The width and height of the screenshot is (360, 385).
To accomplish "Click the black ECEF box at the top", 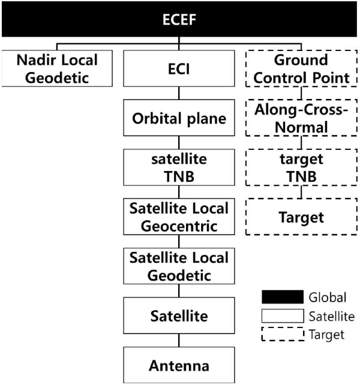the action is (x=179, y=19).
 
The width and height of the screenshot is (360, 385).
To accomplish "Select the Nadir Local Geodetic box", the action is (x=57, y=68).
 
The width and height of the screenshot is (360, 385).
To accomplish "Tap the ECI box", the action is (x=179, y=68).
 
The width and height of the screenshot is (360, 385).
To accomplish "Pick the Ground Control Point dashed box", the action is (x=301, y=68).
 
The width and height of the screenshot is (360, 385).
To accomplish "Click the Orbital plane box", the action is (x=179, y=118).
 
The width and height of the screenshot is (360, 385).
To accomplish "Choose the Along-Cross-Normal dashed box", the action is (x=301, y=118).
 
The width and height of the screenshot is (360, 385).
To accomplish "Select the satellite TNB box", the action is (x=179, y=167).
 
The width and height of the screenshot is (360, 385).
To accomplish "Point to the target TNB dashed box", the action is (x=301, y=167).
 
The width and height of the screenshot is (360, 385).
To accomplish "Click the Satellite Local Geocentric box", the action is (x=179, y=217).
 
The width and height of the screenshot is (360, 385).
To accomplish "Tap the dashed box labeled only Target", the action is (x=301, y=217).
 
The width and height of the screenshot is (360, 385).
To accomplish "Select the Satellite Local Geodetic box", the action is (x=179, y=266).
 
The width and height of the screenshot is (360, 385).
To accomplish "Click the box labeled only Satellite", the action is (x=179, y=315).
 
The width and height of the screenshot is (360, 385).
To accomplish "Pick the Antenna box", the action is (x=179, y=365).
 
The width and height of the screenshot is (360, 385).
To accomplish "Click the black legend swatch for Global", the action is (x=283, y=297).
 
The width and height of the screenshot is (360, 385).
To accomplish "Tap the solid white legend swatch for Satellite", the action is (x=283, y=316).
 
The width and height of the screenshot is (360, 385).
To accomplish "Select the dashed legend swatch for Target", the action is (x=283, y=334).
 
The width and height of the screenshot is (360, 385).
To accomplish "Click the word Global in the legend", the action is (x=328, y=297).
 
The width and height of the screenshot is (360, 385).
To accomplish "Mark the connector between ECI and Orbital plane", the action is (x=179, y=94).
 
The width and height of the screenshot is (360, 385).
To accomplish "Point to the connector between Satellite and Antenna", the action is (x=179, y=340).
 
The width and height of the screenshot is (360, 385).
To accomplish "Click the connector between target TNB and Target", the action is (x=301, y=192).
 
